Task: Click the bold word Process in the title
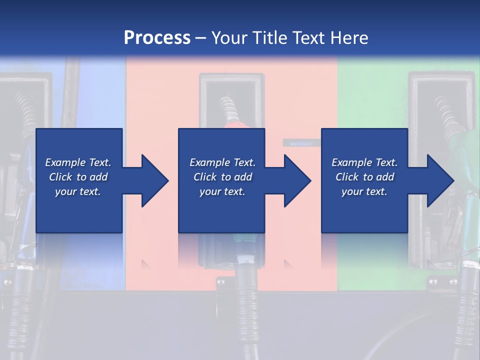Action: click(x=157, y=37)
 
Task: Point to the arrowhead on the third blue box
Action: click(x=440, y=180)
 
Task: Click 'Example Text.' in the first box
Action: click(x=78, y=162)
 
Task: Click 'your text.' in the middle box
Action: click(x=222, y=191)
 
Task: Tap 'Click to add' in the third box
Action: click(x=364, y=177)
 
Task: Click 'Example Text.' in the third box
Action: click(x=364, y=162)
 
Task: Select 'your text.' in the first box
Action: click(x=78, y=191)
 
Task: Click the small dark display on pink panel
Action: click(x=298, y=143)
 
